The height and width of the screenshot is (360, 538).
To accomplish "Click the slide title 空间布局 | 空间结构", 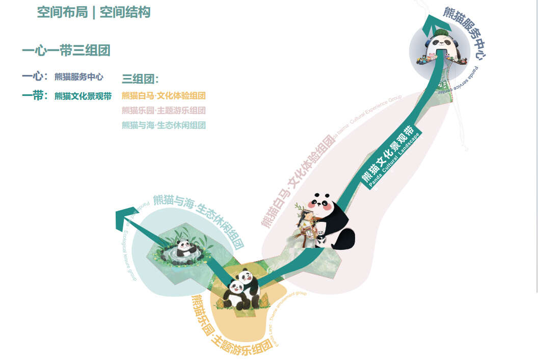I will (x=94, y=12).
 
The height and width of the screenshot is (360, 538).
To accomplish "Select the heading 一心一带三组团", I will (x=66, y=50).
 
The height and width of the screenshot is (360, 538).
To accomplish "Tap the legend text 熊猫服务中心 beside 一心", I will (x=79, y=78).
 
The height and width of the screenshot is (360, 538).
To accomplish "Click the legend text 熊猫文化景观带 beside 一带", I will (x=83, y=96).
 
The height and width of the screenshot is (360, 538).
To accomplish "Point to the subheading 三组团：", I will (x=140, y=79).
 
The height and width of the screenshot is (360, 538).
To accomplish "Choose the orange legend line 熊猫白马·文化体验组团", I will (x=164, y=96).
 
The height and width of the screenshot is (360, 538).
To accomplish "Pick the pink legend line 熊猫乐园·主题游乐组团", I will (x=164, y=111).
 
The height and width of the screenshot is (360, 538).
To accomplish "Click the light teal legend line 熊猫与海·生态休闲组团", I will (x=164, y=125).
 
